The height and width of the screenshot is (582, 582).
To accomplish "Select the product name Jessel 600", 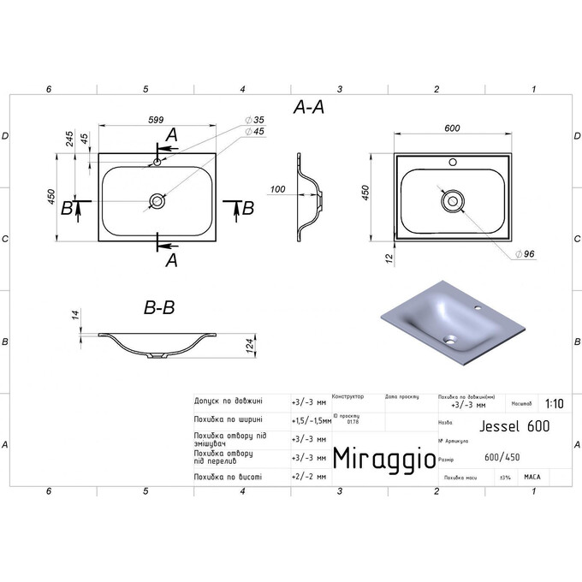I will coord(511,425).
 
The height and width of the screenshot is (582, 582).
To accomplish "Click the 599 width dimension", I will coord(155,121).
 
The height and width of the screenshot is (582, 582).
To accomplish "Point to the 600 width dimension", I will coord(453,128).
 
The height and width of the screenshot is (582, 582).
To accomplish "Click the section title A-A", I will coord(309,106).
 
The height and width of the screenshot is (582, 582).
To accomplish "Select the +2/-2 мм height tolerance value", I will coord(306,477).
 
